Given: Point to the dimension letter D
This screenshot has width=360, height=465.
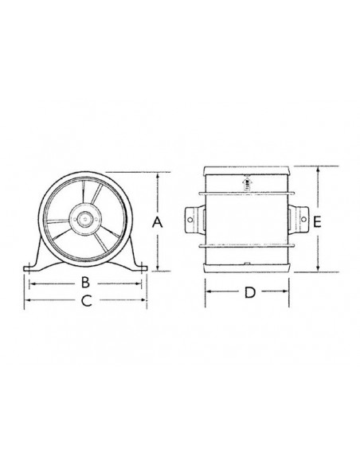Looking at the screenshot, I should tap(249, 292).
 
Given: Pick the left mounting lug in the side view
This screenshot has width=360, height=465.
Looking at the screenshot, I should tap(194, 218).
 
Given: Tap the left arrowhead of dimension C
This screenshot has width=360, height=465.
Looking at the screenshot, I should tap(27, 300).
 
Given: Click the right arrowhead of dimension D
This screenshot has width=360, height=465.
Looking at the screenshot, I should tap(292, 292).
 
